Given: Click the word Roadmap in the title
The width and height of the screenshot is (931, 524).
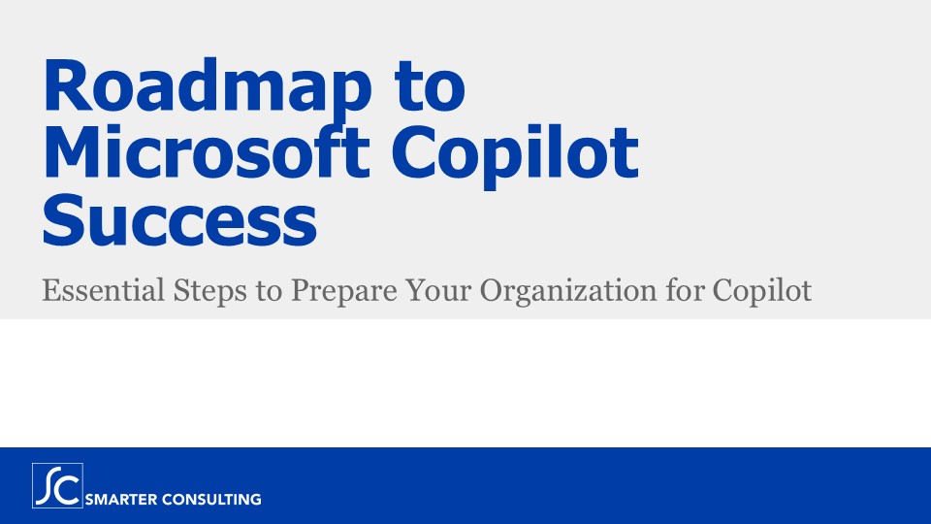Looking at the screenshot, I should [x=199, y=88].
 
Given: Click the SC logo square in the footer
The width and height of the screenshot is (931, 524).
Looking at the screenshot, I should [x=57, y=486].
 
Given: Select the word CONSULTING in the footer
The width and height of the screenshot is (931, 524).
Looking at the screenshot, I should [x=212, y=500].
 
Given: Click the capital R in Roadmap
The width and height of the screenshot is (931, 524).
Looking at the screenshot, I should [x=66, y=88].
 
